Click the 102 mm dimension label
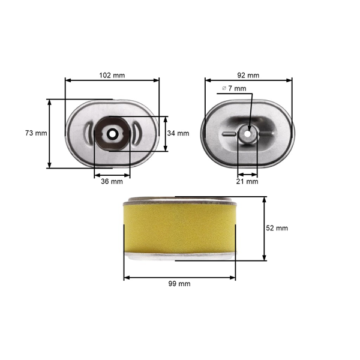[x=112, y=76]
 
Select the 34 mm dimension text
[x=179, y=133]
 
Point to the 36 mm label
[x=112, y=181]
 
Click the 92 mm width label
[x=248, y=76]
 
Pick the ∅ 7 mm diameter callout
[x=233, y=88]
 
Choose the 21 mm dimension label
[x=248, y=181]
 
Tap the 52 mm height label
[x=277, y=228]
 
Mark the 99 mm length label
[x=179, y=284]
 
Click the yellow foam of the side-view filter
[x=179, y=229]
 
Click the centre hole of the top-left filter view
[x=112, y=133]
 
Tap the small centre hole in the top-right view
[x=247, y=133]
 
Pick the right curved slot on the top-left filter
[x=136, y=133]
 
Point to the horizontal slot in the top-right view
[x=229, y=133]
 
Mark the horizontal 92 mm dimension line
[x=248, y=80]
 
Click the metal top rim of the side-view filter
[x=179, y=200]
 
